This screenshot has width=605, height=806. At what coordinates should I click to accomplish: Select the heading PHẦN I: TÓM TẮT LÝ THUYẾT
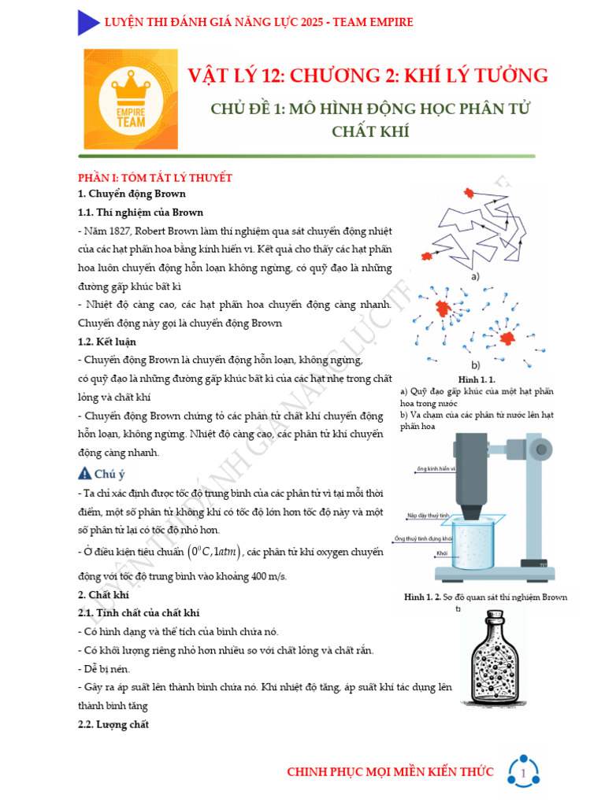[x=154, y=177]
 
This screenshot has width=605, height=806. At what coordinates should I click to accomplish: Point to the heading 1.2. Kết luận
[x=107, y=342]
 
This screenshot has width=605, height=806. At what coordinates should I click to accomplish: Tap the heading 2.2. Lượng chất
[x=113, y=724]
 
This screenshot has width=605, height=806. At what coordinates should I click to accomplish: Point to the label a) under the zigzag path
[x=475, y=276]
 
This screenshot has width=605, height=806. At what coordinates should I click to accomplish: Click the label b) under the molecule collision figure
[x=475, y=365]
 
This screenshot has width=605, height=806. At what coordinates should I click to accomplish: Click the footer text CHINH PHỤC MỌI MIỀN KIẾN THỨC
[x=390, y=772]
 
